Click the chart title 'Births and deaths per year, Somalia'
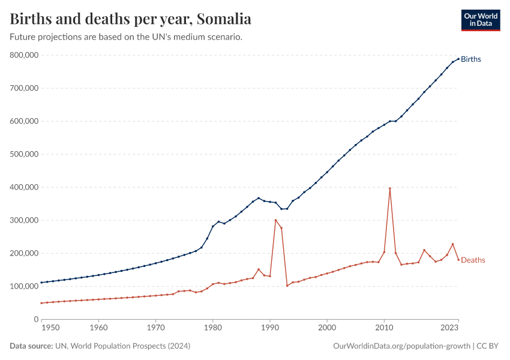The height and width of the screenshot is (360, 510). pyautogui.click(x=131, y=19)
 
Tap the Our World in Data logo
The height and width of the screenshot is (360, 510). pyautogui.click(x=480, y=20)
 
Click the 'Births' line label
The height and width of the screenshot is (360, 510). pyautogui.click(x=471, y=59)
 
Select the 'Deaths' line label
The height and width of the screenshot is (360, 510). pyautogui.click(x=473, y=260)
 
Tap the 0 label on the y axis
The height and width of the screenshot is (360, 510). pyautogui.click(x=36, y=319)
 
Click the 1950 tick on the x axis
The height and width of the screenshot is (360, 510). pyautogui.click(x=50, y=328)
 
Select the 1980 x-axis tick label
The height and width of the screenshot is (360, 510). pyautogui.click(x=212, y=328)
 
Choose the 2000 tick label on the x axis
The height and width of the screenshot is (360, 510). pyautogui.click(x=327, y=328)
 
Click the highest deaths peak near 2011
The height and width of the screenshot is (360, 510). pyautogui.click(x=390, y=188)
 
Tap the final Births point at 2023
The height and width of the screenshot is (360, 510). pyautogui.click(x=458, y=59)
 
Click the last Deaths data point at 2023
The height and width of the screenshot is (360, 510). pyautogui.click(x=458, y=259)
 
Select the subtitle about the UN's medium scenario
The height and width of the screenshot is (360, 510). pyautogui.click(x=126, y=37)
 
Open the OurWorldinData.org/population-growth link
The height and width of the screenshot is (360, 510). pyautogui.click(x=401, y=346)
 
